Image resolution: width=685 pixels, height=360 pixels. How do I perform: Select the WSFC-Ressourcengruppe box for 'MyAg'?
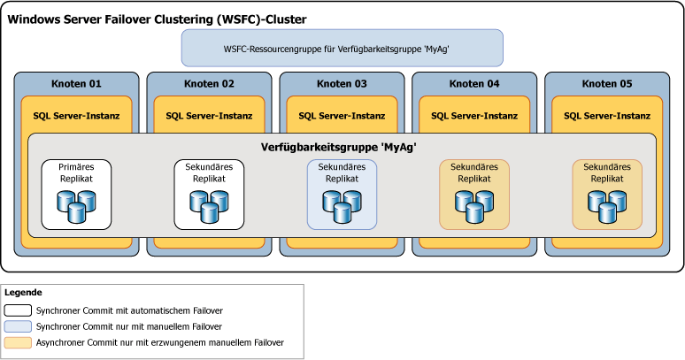[x=342, y=48]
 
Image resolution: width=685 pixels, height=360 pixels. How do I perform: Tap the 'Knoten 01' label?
[x=76, y=84]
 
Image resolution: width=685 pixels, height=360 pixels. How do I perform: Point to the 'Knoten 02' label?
[x=209, y=84]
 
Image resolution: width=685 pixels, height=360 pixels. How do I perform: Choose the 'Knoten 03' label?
[x=342, y=84]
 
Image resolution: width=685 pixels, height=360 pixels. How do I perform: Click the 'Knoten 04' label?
[x=474, y=84]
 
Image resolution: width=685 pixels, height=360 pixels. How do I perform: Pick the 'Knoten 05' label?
[x=607, y=84]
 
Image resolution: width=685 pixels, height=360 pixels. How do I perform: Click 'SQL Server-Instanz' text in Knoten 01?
[x=76, y=115]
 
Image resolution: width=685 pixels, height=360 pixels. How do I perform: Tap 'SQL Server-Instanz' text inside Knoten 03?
[x=342, y=115]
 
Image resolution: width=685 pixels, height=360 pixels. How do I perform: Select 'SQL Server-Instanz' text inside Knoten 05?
[x=607, y=115]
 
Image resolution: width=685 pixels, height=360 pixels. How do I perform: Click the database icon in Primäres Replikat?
[x=76, y=206]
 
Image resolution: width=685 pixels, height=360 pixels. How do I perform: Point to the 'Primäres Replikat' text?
[x=76, y=172]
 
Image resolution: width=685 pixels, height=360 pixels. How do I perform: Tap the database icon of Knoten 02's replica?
[x=209, y=206]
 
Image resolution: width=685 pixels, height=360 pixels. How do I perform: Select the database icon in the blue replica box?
[x=342, y=206]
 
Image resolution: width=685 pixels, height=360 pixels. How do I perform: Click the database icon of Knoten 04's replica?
[x=474, y=206]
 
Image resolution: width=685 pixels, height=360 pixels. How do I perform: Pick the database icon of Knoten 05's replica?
[x=607, y=206]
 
